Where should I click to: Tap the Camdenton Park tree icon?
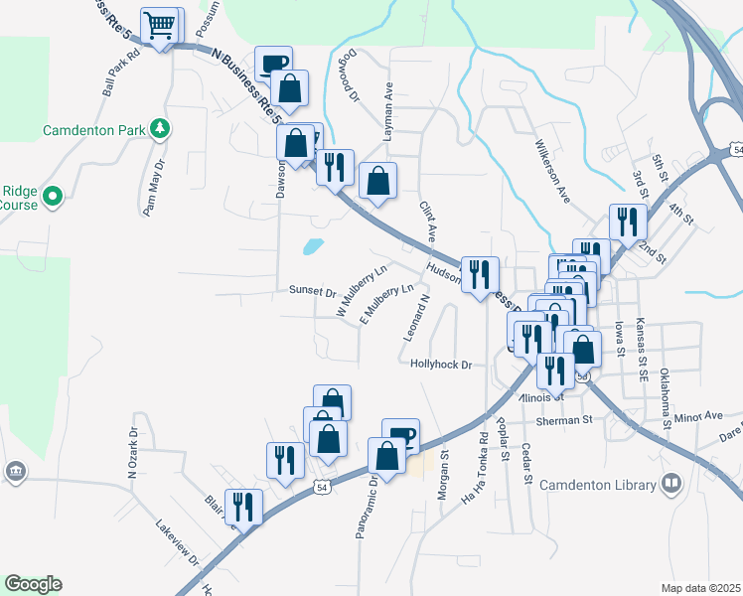coord(158,129)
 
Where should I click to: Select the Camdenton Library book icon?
coord(672,484)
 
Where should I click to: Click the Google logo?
coord(33,584)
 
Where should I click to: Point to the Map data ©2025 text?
coord(699,588)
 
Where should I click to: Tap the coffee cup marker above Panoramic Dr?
coord(400,435)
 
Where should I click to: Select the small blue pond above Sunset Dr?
coord(313,244)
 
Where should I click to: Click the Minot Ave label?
coord(698,415)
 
